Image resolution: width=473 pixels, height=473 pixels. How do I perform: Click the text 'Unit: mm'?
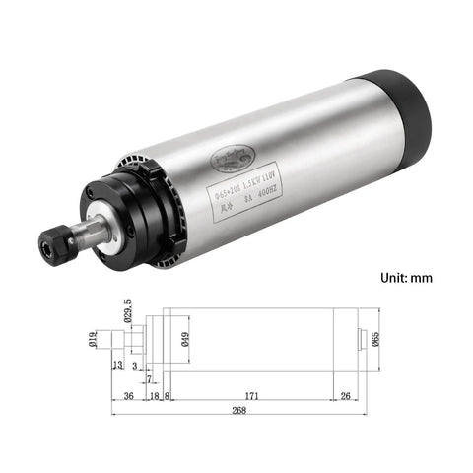(x=406, y=278)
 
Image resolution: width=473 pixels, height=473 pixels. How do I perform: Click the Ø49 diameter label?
(x=188, y=341)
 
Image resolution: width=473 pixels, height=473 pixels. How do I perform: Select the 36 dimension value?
(x=128, y=396)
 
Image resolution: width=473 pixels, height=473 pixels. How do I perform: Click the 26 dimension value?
(x=344, y=396)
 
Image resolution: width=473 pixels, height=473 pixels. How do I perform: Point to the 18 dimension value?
(x=154, y=396)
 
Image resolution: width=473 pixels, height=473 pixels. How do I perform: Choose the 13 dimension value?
(x=118, y=366)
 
